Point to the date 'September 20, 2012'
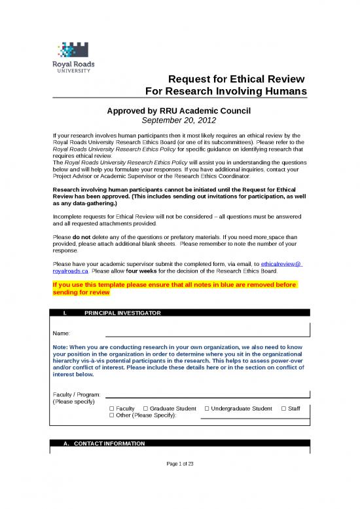pyautogui.click(x=179, y=121)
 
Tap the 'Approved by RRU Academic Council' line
pyautogui.click(x=179, y=111)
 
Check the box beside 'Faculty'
pyautogui.click(x=112, y=409)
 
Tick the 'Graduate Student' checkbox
pyautogui.click(x=145, y=409)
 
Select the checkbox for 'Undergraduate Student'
pyautogui.click(x=207, y=409)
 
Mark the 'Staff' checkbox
pyautogui.click(x=283, y=409)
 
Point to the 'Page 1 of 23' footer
pyautogui.click(x=179, y=464)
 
